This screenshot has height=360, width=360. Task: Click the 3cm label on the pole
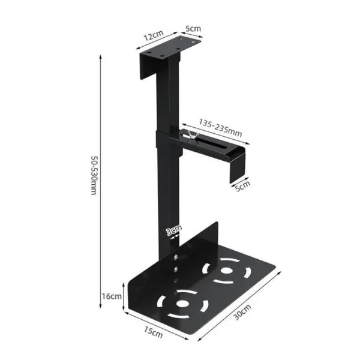coord(173,229)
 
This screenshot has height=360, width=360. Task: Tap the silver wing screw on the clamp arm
coord(190,136)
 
